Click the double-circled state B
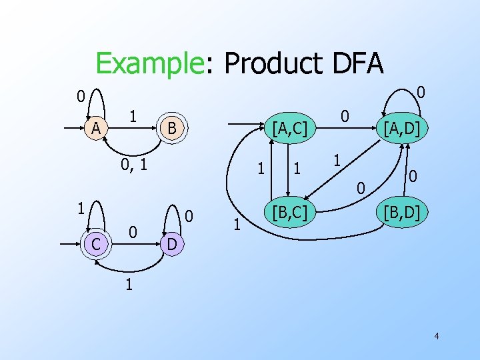[x=171, y=127]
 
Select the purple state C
[x=96, y=245]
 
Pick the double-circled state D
[x=171, y=245]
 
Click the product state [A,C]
[x=285, y=127]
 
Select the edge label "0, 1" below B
[x=133, y=162]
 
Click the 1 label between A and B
[x=133, y=115]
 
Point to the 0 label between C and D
[x=133, y=233]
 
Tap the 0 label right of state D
[x=189, y=216]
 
